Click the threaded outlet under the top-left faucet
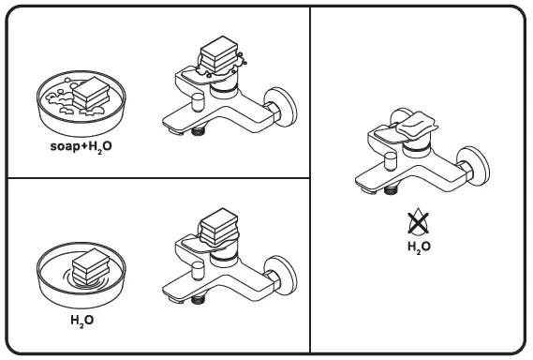click(197, 134)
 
